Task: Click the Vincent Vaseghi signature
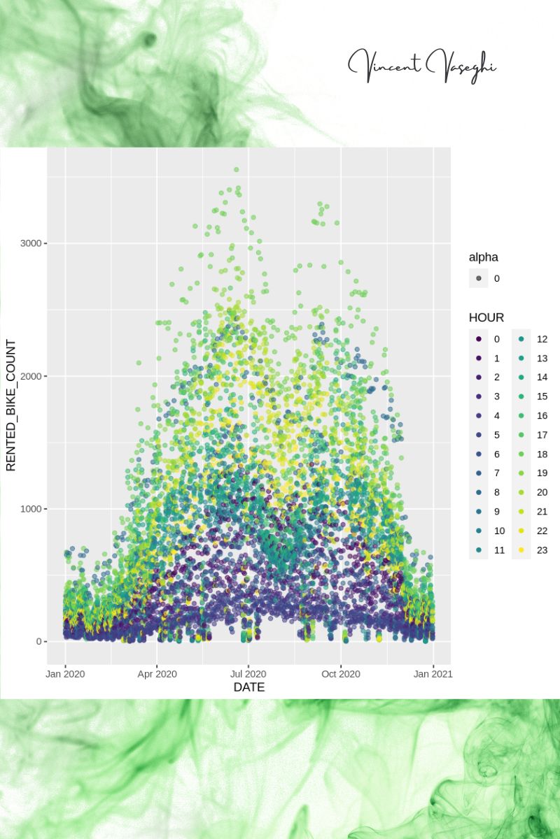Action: click(x=422, y=65)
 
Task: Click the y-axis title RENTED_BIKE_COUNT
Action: click(x=11, y=406)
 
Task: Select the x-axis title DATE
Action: click(x=248, y=687)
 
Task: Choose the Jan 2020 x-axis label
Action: click(x=65, y=674)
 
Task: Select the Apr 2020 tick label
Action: click(x=157, y=674)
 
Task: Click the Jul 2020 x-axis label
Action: click(x=248, y=674)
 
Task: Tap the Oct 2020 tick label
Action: click(x=341, y=674)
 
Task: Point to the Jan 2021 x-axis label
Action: click(x=433, y=674)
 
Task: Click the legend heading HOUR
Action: click(x=486, y=317)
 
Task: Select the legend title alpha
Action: click(x=484, y=257)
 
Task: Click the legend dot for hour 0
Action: click(x=479, y=339)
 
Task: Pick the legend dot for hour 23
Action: click(x=521, y=550)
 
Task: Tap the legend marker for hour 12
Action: click(x=521, y=339)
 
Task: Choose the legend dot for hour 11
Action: click(x=479, y=550)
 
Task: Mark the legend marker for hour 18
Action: click(x=521, y=454)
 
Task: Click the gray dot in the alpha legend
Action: click(x=479, y=278)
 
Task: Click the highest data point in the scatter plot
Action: click(x=237, y=169)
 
